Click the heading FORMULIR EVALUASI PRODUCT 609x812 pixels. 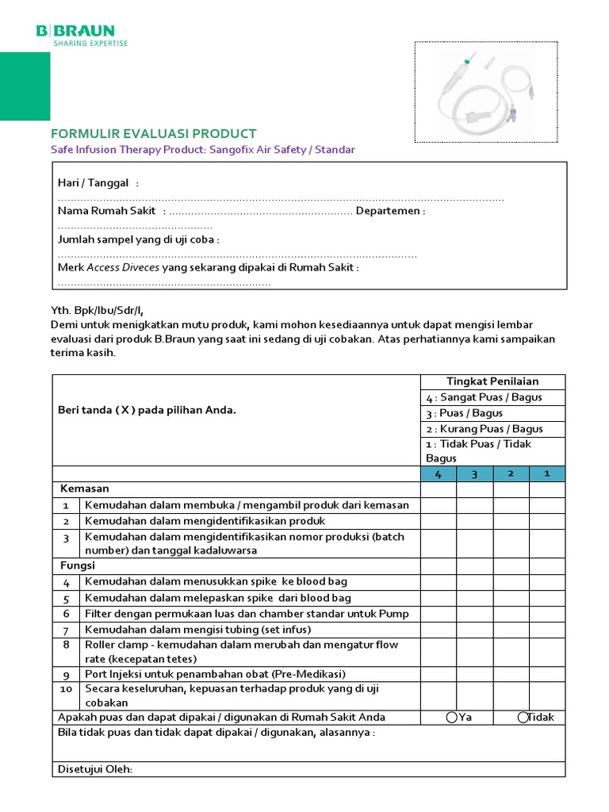tap(154, 133)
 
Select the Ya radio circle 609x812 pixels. tap(452, 717)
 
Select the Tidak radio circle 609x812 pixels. tap(523, 717)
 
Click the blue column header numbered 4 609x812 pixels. tap(439, 474)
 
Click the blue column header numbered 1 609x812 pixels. tap(547, 474)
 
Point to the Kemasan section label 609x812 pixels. tap(83, 488)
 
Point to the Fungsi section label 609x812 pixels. tap(78, 565)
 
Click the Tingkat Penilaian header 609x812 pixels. tap(492, 381)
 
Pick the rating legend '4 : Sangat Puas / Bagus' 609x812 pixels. tap(484, 397)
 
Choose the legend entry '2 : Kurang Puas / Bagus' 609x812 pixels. tap(485, 429)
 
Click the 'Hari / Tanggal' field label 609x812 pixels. tap(94, 183)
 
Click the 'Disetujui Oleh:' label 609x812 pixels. tap(95, 769)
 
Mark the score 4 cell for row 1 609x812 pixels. tap(439, 505)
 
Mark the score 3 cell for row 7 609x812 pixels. tap(474, 629)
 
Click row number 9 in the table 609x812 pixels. tap(67, 675)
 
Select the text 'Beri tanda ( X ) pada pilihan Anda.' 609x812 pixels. tap(147, 410)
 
